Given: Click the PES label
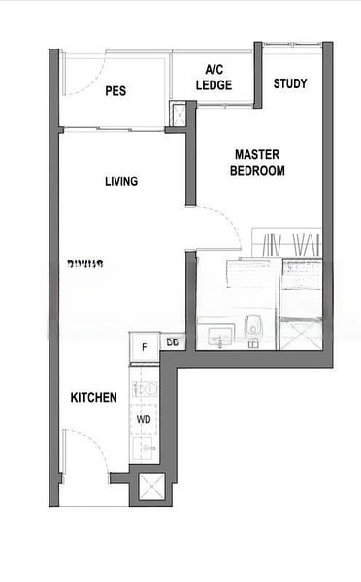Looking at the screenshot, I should tap(116, 92).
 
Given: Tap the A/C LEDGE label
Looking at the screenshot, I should tap(214, 77).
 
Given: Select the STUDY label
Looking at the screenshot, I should tap(289, 83).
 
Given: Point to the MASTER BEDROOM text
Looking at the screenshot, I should tap(257, 162).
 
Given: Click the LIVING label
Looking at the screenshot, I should tap(121, 181).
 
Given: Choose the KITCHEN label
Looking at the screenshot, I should tap(94, 398).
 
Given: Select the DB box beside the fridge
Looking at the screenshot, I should tap(172, 342).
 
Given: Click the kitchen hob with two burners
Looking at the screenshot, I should tap(146, 389).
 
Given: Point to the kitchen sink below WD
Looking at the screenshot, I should tap(146, 449).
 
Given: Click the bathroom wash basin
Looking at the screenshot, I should tap(215, 336).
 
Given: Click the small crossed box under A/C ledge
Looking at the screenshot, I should tap(178, 113).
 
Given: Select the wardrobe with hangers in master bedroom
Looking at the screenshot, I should tap(286, 242).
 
